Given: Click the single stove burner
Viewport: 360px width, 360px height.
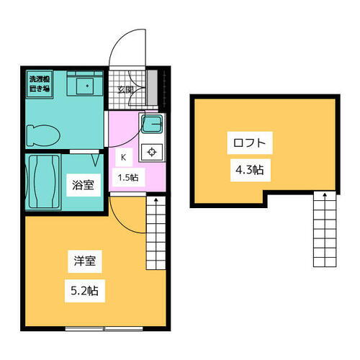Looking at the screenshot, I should [x=153, y=152].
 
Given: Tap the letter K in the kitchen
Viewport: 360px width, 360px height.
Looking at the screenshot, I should [x=123, y=156].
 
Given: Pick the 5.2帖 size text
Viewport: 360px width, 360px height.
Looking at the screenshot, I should [x=84, y=292].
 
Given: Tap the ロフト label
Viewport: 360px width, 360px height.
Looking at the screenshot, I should [x=246, y=142].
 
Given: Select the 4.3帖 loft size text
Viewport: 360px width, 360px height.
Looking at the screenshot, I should [x=246, y=171].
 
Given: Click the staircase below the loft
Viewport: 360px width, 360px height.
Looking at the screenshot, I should [x=324, y=230].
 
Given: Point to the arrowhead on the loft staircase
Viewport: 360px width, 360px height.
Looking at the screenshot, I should [x=324, y=194].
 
